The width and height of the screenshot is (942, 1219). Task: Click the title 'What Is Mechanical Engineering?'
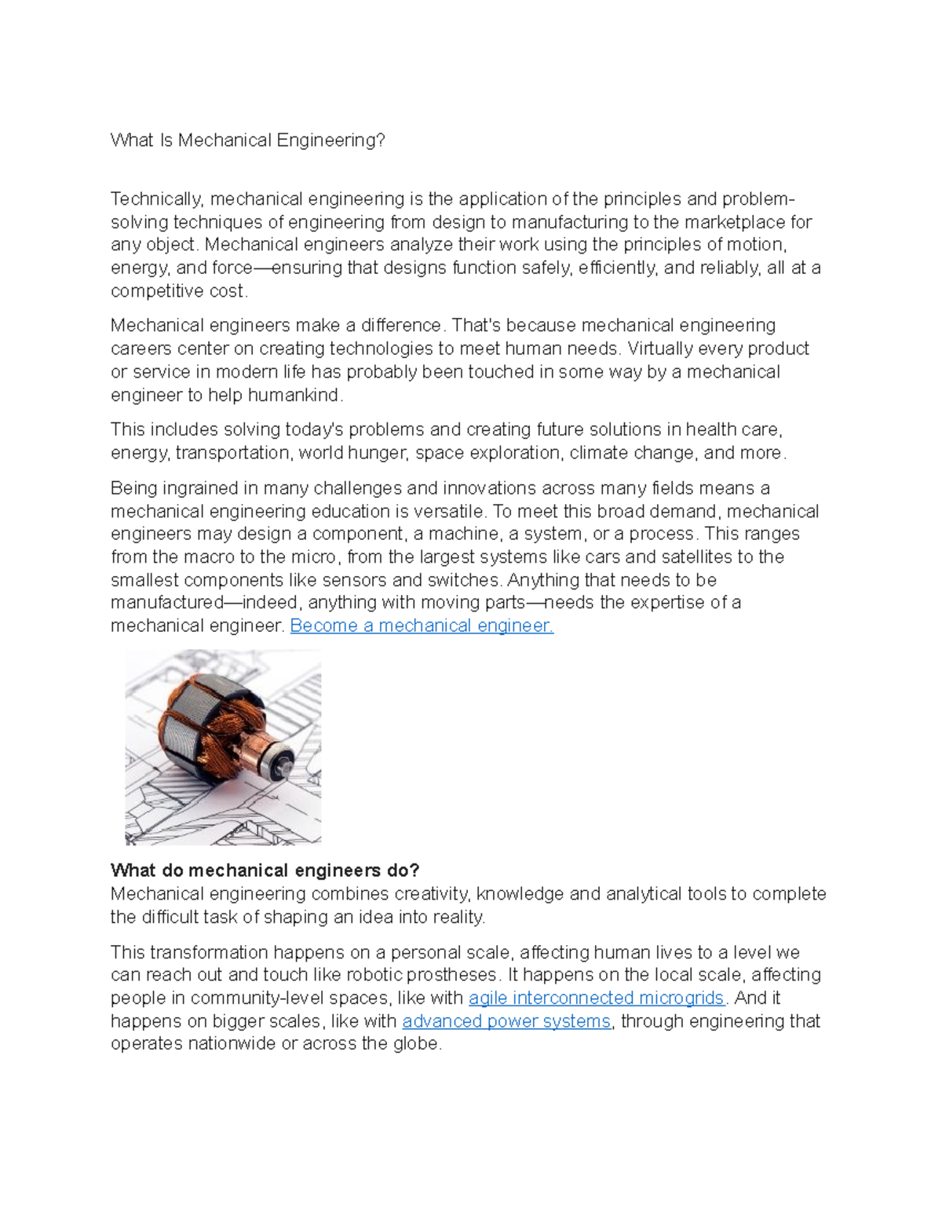tap(248, 141)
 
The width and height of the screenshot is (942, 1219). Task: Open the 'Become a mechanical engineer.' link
tap(422, 626)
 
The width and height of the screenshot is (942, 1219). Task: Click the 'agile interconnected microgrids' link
tap(597, 998)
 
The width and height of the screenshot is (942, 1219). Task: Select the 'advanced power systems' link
tap(506, 1021)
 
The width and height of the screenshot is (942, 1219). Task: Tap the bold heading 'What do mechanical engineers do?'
tap(265, 870)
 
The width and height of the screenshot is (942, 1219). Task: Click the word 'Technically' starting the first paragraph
tap(156, 199)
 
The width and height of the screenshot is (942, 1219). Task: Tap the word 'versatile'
tap(448, 511)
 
